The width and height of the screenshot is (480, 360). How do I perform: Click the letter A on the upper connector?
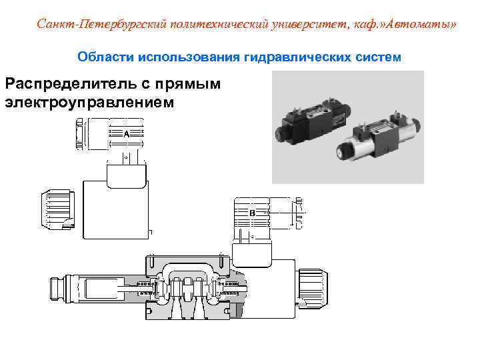tap(126, 134)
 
